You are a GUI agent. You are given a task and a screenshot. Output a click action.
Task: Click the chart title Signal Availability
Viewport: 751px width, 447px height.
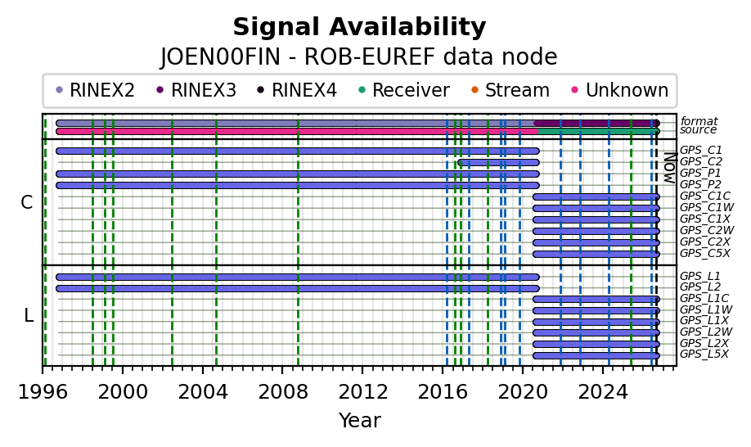(359, 27)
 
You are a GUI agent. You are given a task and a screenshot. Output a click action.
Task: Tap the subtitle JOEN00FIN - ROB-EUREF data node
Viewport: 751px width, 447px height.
(359, 57)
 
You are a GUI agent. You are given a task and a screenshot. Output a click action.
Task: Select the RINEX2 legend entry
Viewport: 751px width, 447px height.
(96, 90)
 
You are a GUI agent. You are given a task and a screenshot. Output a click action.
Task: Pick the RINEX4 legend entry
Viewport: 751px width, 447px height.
(297, 90)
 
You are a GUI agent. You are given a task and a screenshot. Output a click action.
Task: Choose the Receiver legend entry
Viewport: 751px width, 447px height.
(404, 90)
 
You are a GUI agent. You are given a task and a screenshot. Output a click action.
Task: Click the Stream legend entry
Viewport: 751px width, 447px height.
(510, 90)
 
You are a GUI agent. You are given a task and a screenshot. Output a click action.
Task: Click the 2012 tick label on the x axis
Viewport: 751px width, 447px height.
(362, 392)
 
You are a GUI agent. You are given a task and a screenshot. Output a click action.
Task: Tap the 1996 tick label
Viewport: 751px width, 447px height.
(43, 392)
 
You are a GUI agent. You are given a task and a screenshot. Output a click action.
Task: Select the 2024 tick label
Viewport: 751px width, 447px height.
(603, 392)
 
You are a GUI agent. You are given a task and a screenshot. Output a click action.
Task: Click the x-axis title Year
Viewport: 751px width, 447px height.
(360, 420)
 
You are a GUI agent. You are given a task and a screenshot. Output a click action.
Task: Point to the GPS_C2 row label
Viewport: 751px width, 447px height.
(701, 162)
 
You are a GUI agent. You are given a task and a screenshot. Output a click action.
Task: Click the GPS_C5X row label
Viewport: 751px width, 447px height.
(704, 254)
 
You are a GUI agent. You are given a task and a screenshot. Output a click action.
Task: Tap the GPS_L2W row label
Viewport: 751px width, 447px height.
(707, 332)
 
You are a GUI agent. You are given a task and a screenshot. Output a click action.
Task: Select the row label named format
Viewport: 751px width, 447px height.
(699, 121)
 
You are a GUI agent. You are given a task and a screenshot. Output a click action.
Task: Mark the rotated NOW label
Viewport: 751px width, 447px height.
(670, 168)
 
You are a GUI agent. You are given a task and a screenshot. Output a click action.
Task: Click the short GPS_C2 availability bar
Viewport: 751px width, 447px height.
(498, 162)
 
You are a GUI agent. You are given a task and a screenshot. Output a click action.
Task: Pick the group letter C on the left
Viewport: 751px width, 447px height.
(27, 203)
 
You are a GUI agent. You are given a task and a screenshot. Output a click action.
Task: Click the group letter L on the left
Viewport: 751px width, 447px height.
(29, 316)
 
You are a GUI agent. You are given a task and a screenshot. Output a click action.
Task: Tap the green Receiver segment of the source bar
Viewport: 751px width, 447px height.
(598, 131)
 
